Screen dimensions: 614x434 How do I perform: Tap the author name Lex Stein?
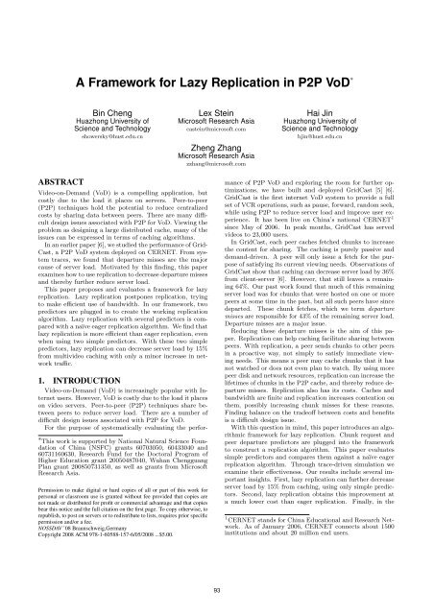(x=216, y=59)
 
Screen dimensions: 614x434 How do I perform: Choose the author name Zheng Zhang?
(x=216, y=114)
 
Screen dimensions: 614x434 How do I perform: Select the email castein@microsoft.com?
(x=216, y=85)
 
